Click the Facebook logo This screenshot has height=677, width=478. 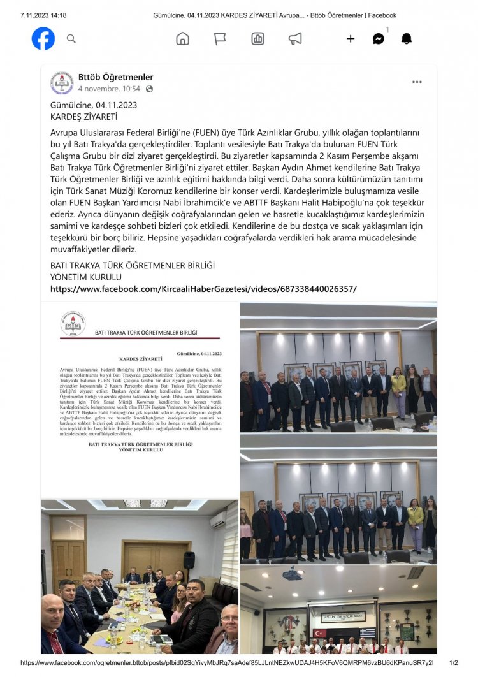tap(43, 39)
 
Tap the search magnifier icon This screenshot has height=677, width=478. tap(71, 39)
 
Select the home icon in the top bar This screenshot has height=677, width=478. tap(182, 39)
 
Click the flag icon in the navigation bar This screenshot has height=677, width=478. tap(220, 39)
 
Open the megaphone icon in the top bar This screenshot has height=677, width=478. tap(295, 39)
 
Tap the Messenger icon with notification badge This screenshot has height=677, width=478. tap(379, 39)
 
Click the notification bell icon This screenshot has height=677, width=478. tap(406, 39)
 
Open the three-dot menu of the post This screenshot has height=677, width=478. tap(417, 82)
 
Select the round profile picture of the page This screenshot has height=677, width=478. tap(62, 83)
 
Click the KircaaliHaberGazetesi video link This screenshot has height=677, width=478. tap(203, 289)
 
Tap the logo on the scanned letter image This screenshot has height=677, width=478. tap(73, 324)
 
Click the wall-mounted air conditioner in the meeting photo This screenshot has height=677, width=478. tap(218, 520)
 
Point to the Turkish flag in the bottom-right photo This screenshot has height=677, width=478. tap(319, 633)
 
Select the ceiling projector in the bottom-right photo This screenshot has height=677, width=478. tap(292, 574)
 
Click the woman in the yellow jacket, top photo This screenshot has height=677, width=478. tap(399, 390)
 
